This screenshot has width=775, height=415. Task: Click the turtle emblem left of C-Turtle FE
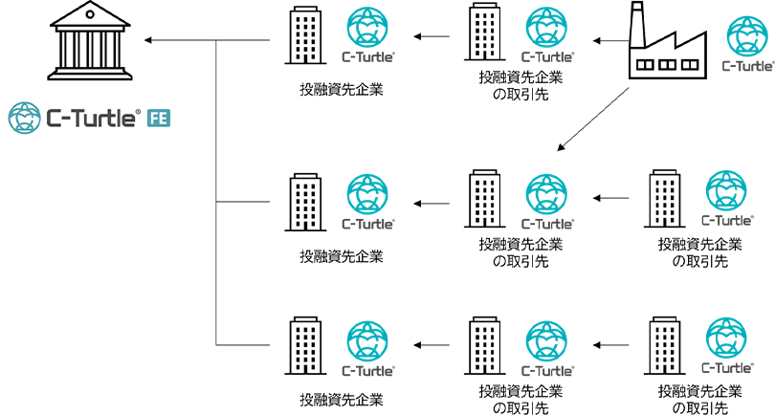click(x=23, y=118)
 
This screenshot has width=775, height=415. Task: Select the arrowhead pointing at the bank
click(x=147, y=40)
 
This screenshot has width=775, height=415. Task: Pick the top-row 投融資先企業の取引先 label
click(x=520, y=84)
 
